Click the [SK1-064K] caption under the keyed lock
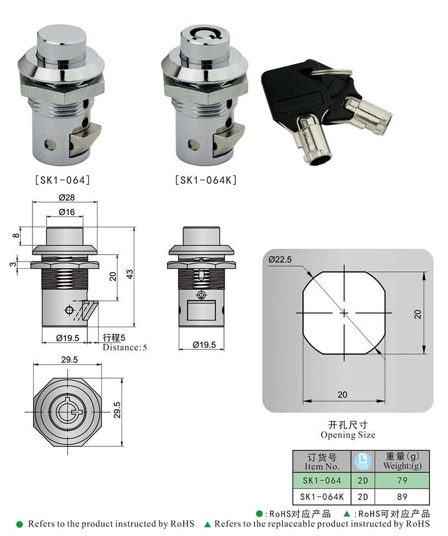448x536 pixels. pyautogui.click(x=206, y=180)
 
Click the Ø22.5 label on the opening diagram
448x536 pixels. pyautogui.click(x=281, y=259)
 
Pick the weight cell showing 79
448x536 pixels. pyautogui.click(x=401, y=480)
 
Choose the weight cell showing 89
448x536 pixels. pyautogui.click(x=401, y=496)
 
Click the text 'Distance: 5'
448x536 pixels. pyautogui.click(x=124, y=347)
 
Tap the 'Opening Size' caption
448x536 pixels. pyautogui.click(x=348, y=435)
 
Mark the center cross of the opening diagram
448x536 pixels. pyautogui.click(x=343, y=312)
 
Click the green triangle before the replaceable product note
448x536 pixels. pyautogui.click(x=207, y=524)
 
